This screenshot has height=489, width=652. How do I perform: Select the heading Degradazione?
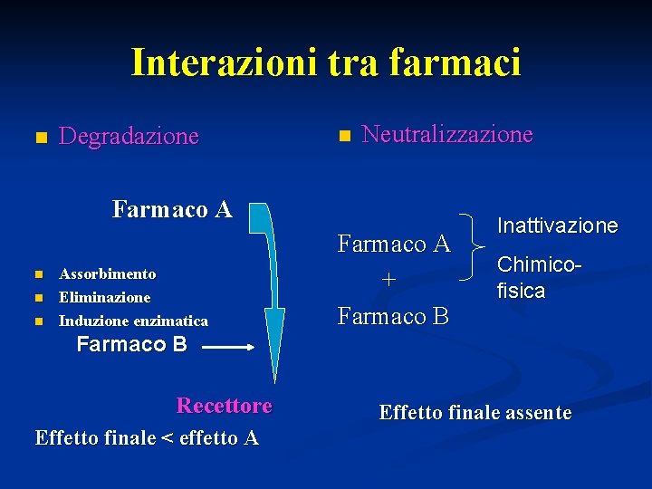[129, 137]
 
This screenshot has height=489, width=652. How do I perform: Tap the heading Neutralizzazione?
[447, 135]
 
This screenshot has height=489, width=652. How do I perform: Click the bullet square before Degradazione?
[39, 139]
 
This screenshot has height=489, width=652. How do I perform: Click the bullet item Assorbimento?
[107, 273]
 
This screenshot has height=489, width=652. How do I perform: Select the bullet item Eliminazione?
[104, 297]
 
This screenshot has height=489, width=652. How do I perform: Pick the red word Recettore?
[224, 405]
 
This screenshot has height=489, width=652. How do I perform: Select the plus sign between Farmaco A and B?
[388, 281]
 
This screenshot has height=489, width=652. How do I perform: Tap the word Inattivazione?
[556, 225]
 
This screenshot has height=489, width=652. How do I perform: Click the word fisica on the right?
[521, 291]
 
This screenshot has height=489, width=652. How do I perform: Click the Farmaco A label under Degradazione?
[172, 210]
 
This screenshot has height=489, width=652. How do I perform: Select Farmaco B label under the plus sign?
[393, 316]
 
